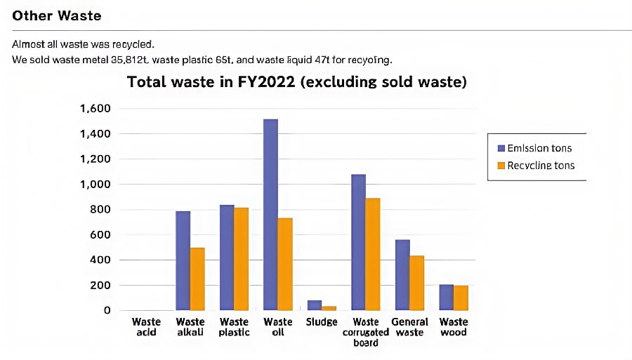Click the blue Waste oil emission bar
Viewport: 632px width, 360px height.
tap(270, 215)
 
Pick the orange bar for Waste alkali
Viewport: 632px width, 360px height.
tap(197, 279)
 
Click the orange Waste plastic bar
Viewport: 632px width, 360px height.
tap(241, 259)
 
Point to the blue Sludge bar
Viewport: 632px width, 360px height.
tap(315, 305)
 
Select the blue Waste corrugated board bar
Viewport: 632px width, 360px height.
tap(358, 242)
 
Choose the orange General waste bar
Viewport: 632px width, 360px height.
tap(417, 283)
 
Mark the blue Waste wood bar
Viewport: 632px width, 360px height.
tap(446, 297)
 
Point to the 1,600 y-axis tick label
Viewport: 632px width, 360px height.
tap(96, 109)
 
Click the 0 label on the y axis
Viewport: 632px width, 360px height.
tap(107, 310)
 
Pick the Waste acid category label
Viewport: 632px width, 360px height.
tap(147, 327)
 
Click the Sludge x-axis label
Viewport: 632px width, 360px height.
tap(322, 322)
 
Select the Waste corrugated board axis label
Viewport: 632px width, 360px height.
tap(367, 332)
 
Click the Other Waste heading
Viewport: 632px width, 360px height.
tap(57, 15)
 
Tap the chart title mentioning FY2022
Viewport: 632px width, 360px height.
tap(297, 82)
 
